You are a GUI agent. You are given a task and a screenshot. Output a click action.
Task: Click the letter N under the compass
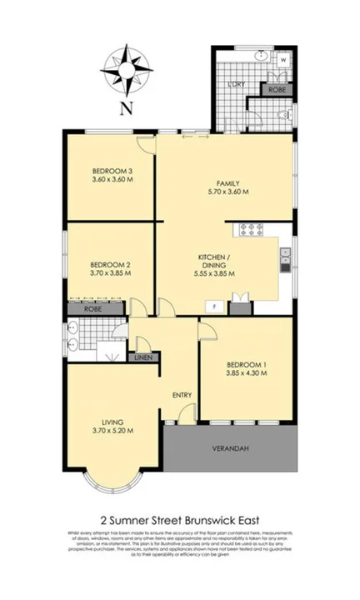click(x=126, y=107)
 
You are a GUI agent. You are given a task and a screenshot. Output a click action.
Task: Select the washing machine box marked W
click(x=284, y=61)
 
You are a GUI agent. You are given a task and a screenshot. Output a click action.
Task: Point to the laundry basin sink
click(x=259, y=57)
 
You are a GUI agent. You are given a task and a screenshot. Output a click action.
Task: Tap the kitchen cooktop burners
click(x=251, y=228)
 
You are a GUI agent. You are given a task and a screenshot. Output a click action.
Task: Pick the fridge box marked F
click(x=213, y=307)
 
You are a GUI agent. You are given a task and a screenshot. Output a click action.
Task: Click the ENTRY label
click(x=182, y=395)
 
